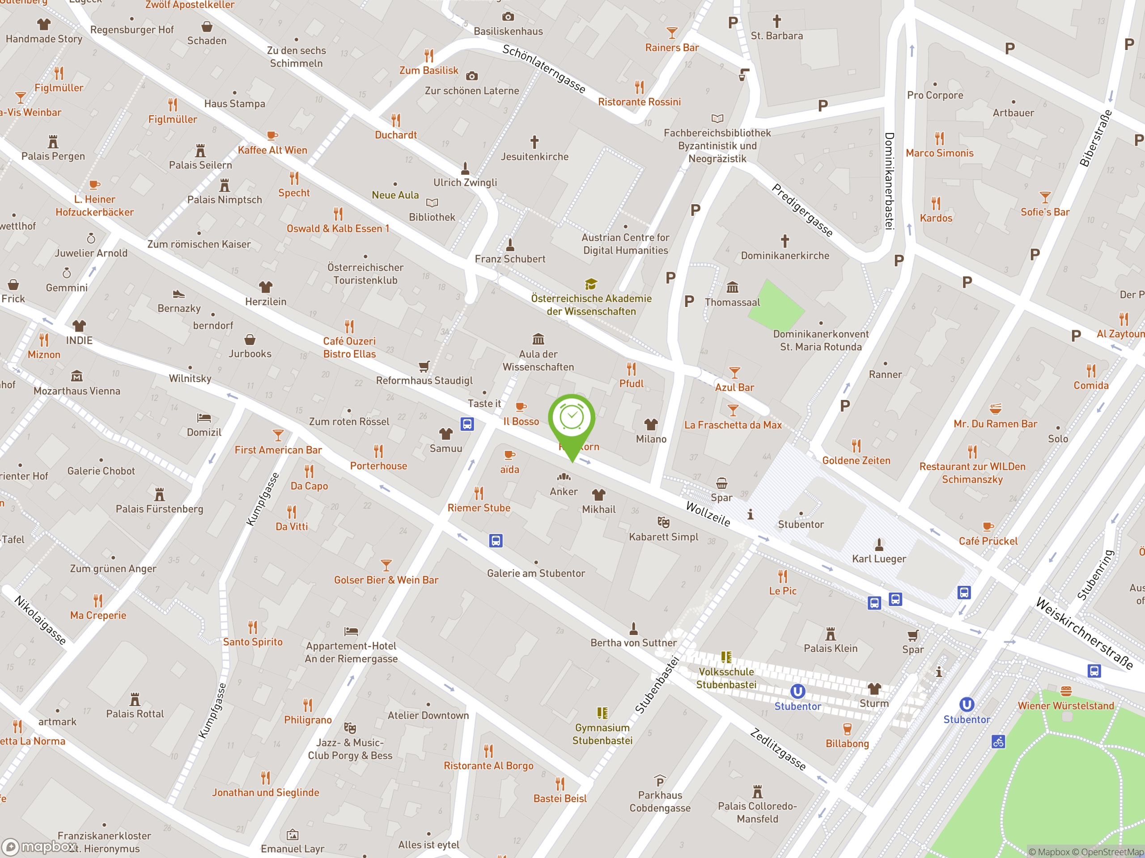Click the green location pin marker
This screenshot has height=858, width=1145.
572,421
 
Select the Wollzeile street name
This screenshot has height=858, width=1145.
708,513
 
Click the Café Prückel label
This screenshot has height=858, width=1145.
988,541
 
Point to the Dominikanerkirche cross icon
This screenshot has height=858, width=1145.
785,241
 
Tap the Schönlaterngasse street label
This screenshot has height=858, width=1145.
543,69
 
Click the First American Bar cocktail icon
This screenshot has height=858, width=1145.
278,435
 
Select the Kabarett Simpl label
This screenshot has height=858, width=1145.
663,537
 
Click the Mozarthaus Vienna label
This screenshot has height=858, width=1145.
76,391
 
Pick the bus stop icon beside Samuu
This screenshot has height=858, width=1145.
467,424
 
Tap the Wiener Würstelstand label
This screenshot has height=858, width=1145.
1065,706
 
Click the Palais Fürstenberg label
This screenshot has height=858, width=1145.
159,509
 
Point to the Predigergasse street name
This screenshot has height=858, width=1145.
802,210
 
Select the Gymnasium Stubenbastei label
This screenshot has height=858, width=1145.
602,734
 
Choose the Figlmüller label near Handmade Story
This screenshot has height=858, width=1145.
59,88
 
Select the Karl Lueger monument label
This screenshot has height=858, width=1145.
878,559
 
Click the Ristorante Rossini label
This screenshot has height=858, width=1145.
639,102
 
